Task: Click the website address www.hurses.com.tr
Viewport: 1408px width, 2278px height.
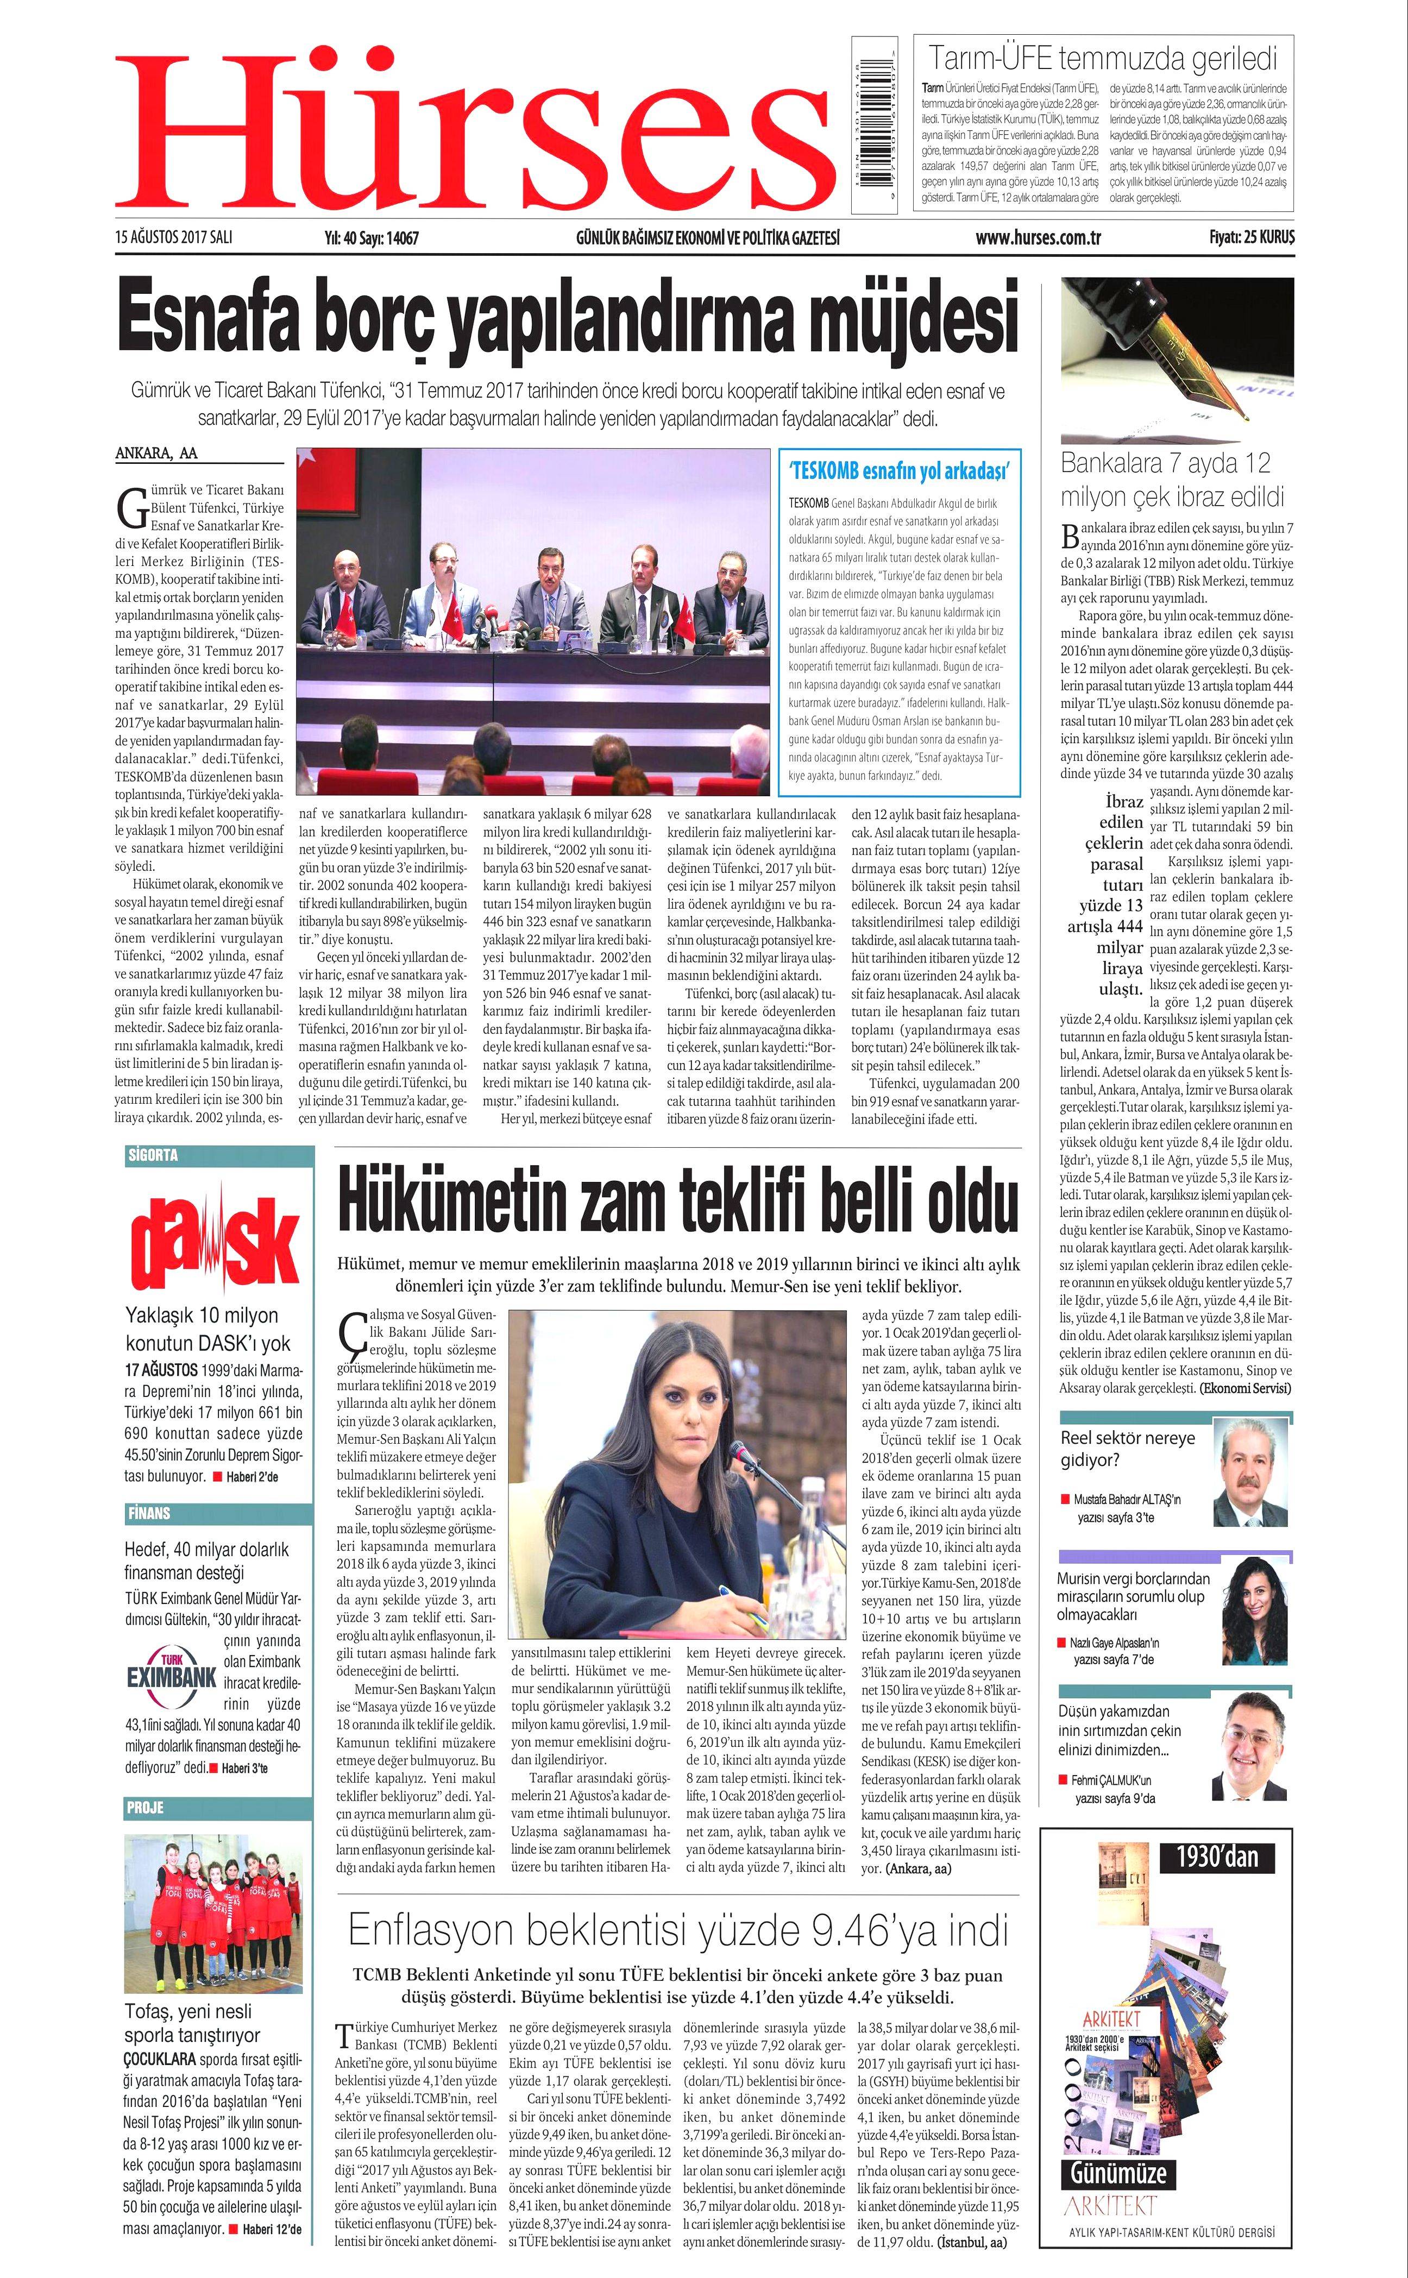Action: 1038,238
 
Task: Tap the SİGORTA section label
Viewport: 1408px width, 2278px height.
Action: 152,1155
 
